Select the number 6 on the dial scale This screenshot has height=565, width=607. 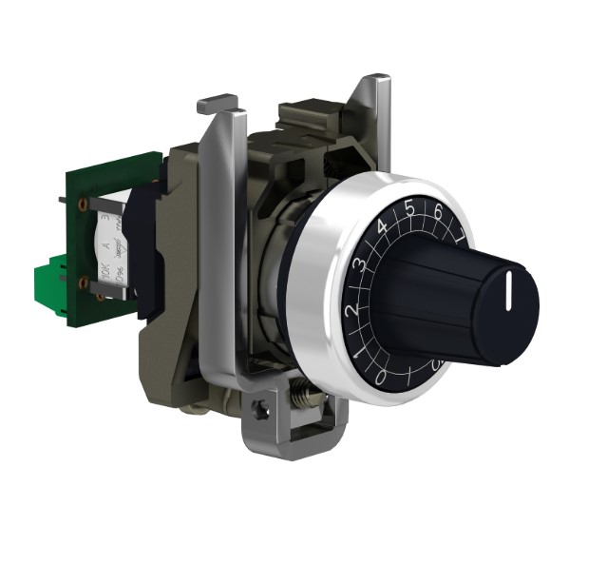(438, 211)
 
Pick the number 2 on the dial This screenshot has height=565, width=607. (352, 310)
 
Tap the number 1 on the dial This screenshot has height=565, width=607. (358, 356)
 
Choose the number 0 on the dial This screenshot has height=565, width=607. (381, 379)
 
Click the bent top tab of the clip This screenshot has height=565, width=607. (217, 99)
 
